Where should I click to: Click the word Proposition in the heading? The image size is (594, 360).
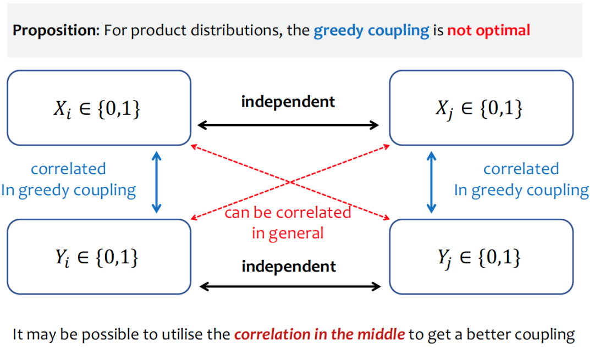pyautogui.click(x=56, y=31)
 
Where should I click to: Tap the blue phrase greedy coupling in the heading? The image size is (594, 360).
pyautogui.click(x=371, y=31)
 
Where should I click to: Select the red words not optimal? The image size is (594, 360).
pyautogui.click(x=489, y=31)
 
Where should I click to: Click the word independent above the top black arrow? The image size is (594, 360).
pyautogui.click(x=288, y=102)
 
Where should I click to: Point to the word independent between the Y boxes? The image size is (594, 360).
pyautogui.click(x=289, y=267)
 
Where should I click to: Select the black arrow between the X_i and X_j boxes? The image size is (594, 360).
pyautogui.click(x=288, y=125)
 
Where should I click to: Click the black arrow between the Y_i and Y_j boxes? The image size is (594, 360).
pyautogui.click(x=290, y=286)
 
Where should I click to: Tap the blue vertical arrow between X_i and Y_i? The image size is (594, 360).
pyautogui.click(x=156, y=182)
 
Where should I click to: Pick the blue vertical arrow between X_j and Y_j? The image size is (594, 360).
pyautogui.click(x=432, y=182)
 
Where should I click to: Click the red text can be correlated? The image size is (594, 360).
pyautogui.click(x=288, y=212)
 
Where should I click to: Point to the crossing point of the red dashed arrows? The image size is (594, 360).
pyautogui.click(x=290, y=182)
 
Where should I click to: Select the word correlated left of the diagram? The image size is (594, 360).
pyautogui.click(x=68, y=169)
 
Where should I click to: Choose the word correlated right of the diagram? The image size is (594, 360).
pyautogui.click(x=521, y=169)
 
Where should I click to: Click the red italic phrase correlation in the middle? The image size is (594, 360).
pyautogui.click(x=320, y=335)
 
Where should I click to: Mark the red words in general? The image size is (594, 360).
pyautogui.click(x=288, y=233)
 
